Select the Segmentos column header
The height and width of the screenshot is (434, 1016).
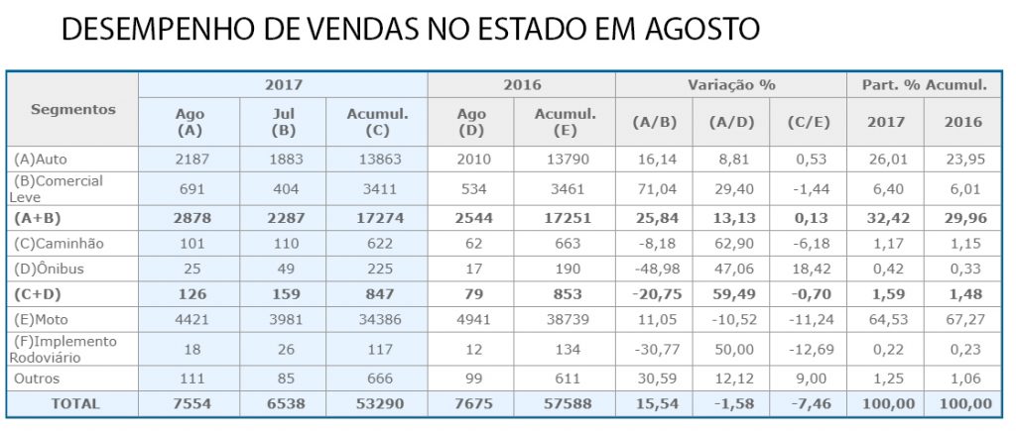(x=73, y=109)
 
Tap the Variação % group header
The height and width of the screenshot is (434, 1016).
(x=731, y=85)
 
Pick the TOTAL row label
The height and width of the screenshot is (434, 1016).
(x=72, y=403)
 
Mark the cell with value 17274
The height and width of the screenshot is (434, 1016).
(x=379, y=217)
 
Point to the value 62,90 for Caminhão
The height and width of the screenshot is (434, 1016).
(x=731, y=243)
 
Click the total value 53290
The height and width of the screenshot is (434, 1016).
(x=379, y=403)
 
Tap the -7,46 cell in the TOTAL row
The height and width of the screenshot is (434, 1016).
(x=808, y=403)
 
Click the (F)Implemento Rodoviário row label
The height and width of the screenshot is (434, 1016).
(x=65, y=349)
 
